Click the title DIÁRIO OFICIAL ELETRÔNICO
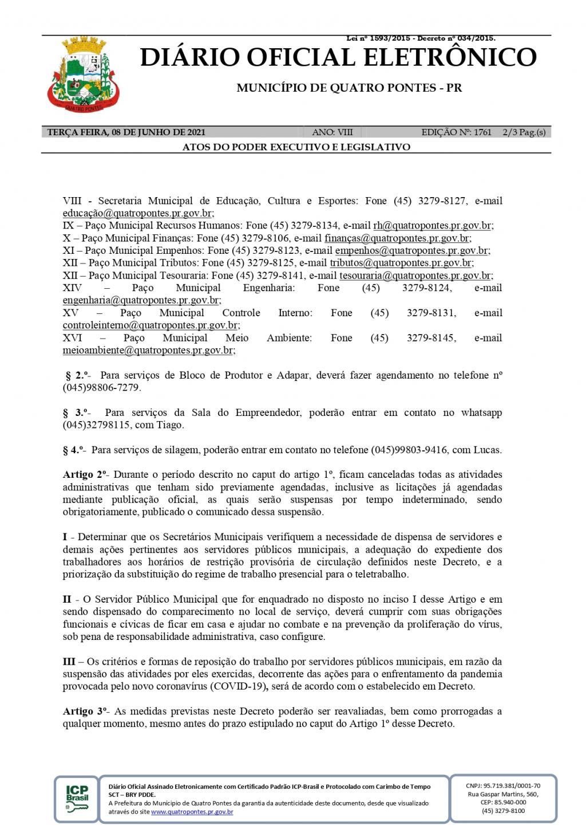point(338,58)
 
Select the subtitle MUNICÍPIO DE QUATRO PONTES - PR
point(349,88)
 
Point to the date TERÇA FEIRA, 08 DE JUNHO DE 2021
point(126,132)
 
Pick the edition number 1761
point(482,132)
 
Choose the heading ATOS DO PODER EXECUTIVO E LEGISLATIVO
point(296,147)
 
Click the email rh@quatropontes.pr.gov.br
point(433,226)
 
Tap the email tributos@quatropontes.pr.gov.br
point(401,263)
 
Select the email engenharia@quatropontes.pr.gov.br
point(141,300)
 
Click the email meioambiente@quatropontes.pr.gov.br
point(148,350)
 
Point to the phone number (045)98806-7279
point(101,388)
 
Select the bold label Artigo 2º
point(85,475)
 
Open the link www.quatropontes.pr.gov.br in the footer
point(192,812)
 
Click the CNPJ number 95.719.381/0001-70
point(512,785)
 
